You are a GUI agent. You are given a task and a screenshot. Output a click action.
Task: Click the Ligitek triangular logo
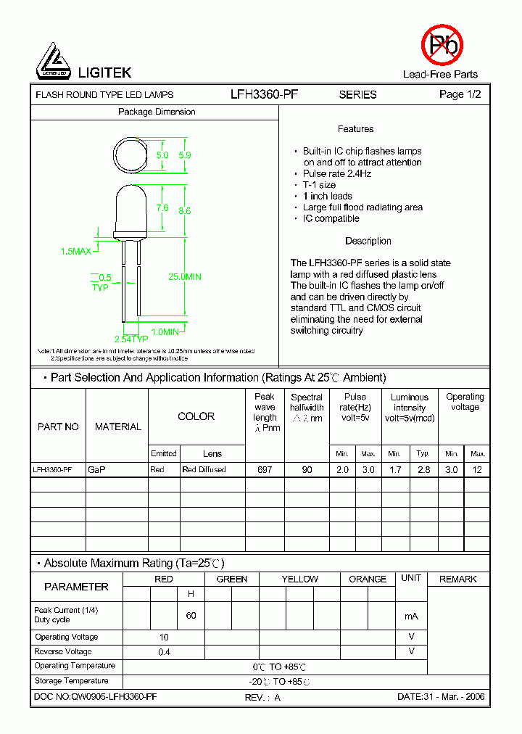coord(53,61)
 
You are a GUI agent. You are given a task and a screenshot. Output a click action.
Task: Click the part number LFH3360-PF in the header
coord(264,94)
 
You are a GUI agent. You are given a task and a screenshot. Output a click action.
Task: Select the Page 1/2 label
coord(460,94)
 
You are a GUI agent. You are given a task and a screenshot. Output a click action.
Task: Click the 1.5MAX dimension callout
coord(76,251)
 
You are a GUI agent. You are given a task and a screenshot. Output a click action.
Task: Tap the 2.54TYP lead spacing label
coord(130,339)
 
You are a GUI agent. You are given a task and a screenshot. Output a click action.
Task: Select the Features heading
coord(355,129)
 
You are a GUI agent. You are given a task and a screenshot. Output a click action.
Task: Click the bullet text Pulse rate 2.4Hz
coord(336,174)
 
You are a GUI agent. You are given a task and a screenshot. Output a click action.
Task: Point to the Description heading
coord(368,241)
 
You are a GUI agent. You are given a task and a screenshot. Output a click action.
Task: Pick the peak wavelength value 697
coord(265,470)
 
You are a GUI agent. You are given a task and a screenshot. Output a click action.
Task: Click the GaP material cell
coord(96,470)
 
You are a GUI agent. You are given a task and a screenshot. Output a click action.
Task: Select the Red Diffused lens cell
coord(204,470)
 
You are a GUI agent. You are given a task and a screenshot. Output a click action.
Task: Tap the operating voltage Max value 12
coord(477,470)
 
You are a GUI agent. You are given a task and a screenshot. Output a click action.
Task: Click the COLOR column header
coord(196,416)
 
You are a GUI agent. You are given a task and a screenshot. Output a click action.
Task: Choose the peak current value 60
coord(191,615)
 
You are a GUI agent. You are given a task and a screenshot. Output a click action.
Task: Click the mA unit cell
coord(411,616)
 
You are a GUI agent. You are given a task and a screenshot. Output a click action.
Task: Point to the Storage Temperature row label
coord(71,681)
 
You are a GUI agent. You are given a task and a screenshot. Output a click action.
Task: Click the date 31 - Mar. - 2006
coord(441,697)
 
